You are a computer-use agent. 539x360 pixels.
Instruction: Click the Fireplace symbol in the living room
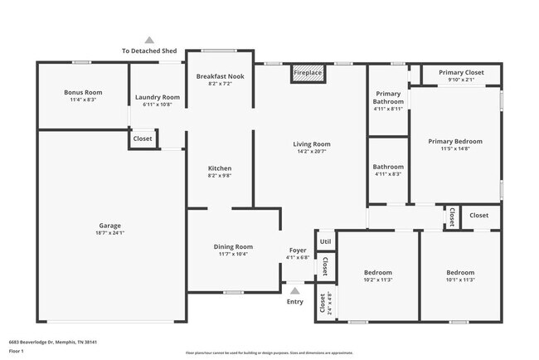tap(308, 74)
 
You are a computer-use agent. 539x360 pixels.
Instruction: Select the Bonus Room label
tap(83, 92)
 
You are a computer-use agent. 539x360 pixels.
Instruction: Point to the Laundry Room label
tap(157, 97)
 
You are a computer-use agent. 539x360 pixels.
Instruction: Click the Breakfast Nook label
tap(220, 76)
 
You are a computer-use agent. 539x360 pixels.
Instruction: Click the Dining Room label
tap(233, 246)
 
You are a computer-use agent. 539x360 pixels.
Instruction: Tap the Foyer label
tap(297, 250)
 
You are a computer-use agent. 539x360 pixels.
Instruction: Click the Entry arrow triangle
tap(295, 290)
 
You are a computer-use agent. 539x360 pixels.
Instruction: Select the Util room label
tap(325, 242)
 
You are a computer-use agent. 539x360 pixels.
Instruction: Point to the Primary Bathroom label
tap(388, 97)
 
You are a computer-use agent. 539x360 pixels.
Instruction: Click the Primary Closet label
tap(461, 73)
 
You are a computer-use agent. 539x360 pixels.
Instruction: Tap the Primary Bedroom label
tap(454, 142)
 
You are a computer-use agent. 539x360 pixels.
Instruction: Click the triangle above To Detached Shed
tap(149, 39)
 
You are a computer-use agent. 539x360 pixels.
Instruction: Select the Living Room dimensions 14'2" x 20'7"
tap(312, 152)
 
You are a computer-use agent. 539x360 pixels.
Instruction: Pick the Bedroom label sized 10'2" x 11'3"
tap(377, 272)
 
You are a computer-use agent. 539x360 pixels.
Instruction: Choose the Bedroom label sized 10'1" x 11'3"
tap(460, 272)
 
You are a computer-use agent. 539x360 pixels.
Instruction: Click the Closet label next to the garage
tap(143, 139)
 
